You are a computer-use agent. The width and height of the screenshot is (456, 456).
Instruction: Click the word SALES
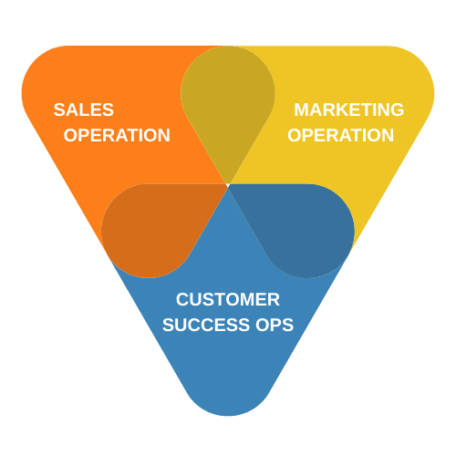point(84,109)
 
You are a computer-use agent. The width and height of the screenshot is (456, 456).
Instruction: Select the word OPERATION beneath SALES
point(117,135)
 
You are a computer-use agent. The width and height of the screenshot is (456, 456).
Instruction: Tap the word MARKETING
point(349,109)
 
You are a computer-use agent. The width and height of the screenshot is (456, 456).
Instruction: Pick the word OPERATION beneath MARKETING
point(341,135)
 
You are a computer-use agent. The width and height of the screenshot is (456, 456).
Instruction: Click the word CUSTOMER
point(228,299)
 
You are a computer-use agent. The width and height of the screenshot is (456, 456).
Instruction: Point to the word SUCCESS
point(206,325)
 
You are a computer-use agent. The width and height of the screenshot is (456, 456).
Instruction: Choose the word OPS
point(275,325)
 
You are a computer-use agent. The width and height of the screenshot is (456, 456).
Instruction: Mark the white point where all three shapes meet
point(228,184)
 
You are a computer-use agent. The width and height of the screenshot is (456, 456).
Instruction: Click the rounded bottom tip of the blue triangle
point(228,415)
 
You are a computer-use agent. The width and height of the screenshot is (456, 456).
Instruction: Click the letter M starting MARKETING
point(301,109)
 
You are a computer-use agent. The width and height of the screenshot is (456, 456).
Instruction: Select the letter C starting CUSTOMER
point(182,299)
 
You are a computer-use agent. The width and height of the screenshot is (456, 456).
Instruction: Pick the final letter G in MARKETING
point(397,109)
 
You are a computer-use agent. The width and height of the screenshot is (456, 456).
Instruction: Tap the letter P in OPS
point(275,325)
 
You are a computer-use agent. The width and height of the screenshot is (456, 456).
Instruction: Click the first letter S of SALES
point(59,109)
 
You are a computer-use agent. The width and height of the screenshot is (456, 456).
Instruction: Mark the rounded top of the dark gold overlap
point(228,47)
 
